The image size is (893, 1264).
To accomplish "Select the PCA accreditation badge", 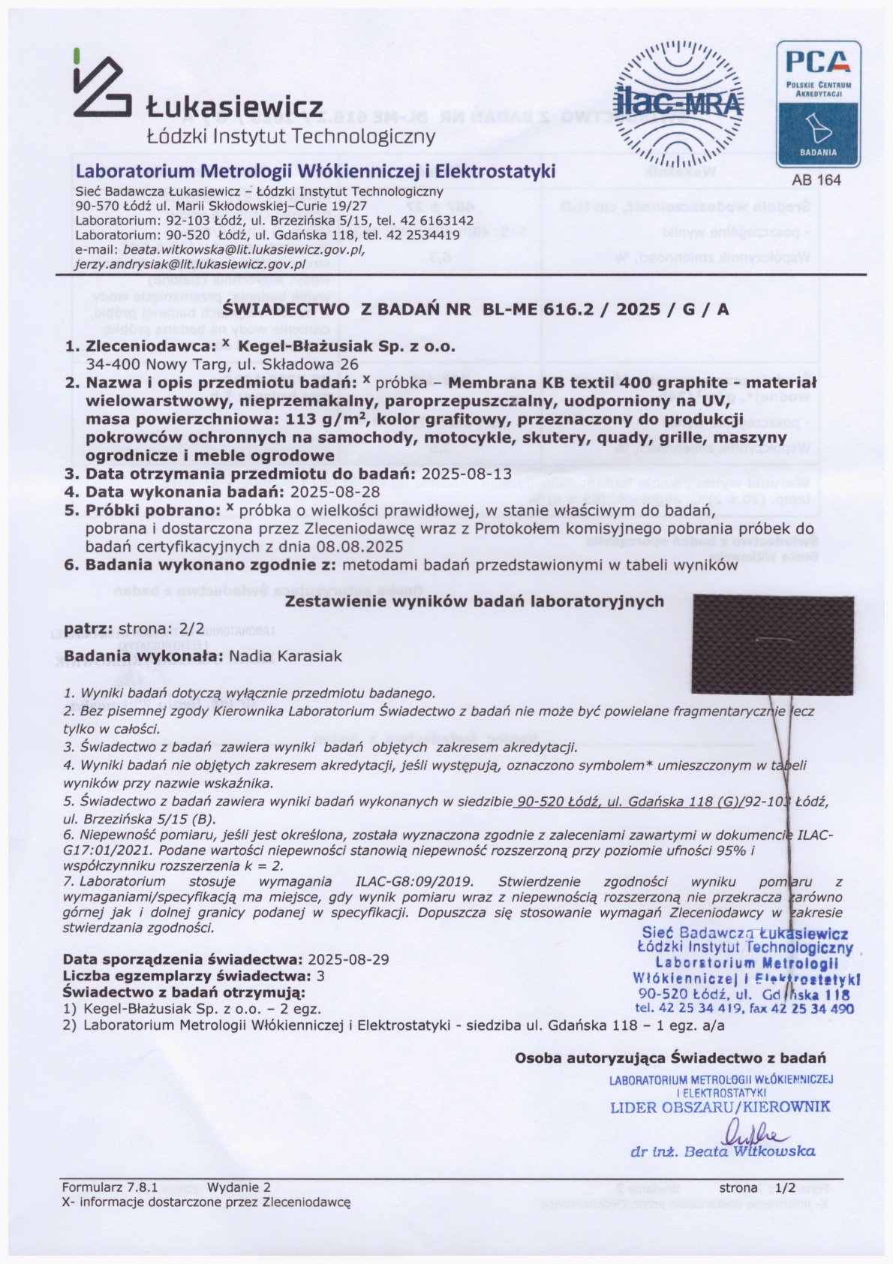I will [817, 104].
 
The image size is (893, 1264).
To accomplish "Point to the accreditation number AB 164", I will [816, 180].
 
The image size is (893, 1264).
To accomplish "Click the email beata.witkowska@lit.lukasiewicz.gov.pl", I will [244, 249].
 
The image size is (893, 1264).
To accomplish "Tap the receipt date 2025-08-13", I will [466, 474].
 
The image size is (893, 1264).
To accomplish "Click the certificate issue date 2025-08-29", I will [348, 959].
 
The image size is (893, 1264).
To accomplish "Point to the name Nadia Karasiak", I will [285, 657].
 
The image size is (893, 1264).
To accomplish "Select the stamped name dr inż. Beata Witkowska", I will [723, 1151].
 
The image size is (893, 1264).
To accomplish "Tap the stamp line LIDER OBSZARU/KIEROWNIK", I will [720, 1106].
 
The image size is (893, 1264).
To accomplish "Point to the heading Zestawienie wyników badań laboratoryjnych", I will [475, 601].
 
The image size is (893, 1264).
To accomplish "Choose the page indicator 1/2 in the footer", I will [785, 1188].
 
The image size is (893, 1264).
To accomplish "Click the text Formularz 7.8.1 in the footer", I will [110, 1188].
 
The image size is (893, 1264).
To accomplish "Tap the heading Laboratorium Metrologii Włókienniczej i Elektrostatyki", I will [315, 172].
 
